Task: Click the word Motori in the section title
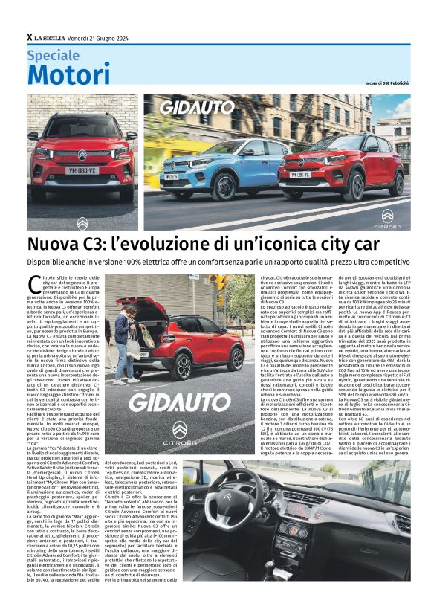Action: click(x=68, y=74)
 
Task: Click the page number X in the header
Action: click(x=29, y=37)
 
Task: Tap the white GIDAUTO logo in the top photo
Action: click(x=197, y=107)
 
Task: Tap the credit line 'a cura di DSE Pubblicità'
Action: click(x=389, y=83)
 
